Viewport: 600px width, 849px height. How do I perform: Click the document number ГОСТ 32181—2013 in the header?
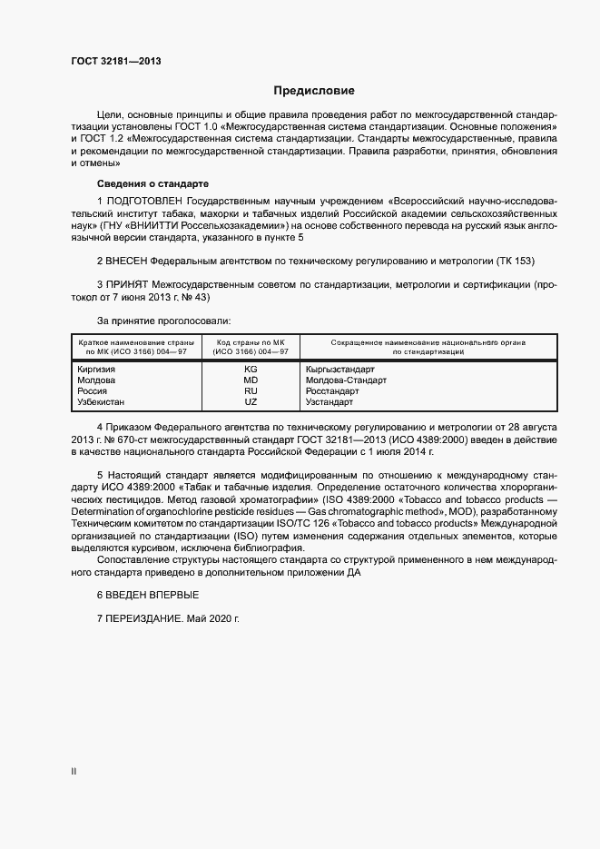(115, 62)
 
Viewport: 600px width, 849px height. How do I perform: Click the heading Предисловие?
(314, 91)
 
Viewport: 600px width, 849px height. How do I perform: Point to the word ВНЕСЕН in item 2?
(129, 261)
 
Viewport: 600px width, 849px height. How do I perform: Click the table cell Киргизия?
(90, 370)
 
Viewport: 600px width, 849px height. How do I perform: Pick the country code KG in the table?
(251, 370)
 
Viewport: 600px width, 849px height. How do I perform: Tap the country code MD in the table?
(251, 380)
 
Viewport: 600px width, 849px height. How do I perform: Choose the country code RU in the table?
(251, 390)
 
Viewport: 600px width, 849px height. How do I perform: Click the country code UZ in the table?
(251, 401)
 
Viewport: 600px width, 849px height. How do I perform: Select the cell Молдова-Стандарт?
(346, 380)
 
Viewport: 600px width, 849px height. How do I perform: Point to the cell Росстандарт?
(333, 390)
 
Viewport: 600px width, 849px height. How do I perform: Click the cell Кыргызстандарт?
(340, 370)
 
